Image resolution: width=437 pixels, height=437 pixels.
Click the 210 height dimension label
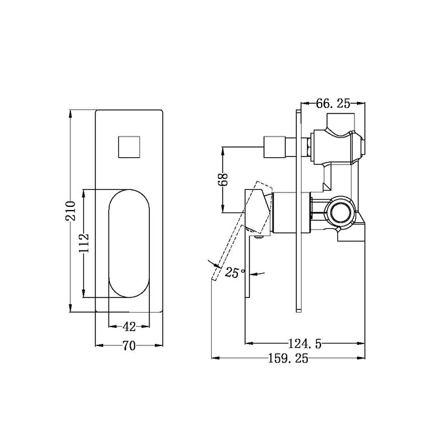tap(70, 211)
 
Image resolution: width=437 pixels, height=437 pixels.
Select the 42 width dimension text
tap(129, 327)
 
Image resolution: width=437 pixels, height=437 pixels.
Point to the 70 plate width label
tap(129, 346)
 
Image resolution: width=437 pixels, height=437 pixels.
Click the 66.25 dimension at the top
tap(333, 104)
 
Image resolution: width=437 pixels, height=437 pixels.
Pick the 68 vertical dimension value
tap(223, 180)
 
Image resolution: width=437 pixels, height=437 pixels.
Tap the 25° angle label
tap(235, 273)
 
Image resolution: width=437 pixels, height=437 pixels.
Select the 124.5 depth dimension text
tap(305, 344)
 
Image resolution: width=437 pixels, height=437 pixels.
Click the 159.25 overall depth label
tap(288, 359)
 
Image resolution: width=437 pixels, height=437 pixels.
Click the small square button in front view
tap(129, 147)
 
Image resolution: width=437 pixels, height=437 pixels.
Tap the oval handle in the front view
tap(129, 243)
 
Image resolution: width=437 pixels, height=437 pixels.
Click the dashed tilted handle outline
tap(241, 231)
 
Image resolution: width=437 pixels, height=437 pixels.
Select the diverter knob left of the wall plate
tap(274, 147)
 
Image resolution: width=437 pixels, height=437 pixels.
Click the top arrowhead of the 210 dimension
tap(70, 113)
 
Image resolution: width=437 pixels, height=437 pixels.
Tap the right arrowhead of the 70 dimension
tap(159, 345)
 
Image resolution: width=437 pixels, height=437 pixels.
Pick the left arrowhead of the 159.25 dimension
tap(215, 358)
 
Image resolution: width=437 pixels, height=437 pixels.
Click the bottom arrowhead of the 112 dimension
tap(84, 294)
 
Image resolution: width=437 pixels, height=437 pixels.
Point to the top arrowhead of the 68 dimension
tap(223, 151)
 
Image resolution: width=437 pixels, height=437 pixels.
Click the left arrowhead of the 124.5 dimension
tap(249, 343)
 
